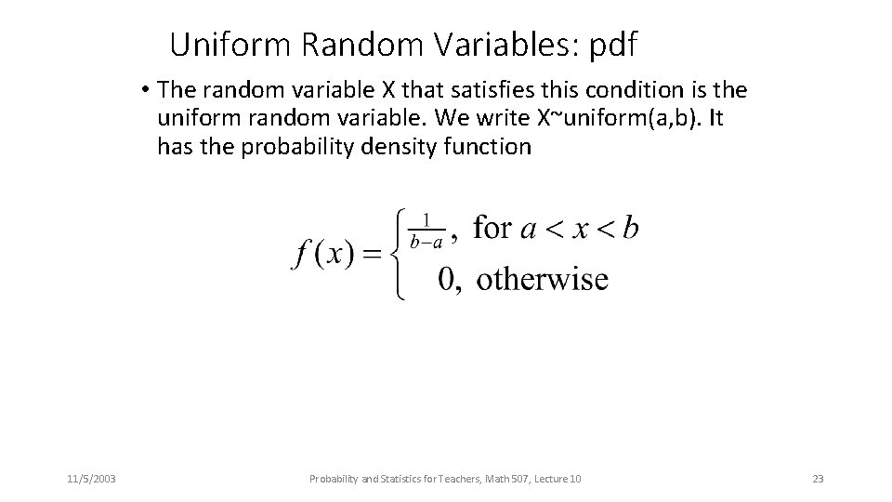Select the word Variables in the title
pyautogui.click(x=500, y=43)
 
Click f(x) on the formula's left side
pyautogui.click(x=321, y=254)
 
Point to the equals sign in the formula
pyautogui.click(x=372, y=254)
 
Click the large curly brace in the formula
pyautogui.click(x=399, y=253)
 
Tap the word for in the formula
pyautogui.click(x=492, y=228)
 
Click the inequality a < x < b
pyautogui.click(x=579, y=229)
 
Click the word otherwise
pyautogui.click(x=543, y=279)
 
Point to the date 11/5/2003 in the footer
pyautogui.click(x=91, y=479)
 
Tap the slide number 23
pyautogui.click(x=818, y=479)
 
